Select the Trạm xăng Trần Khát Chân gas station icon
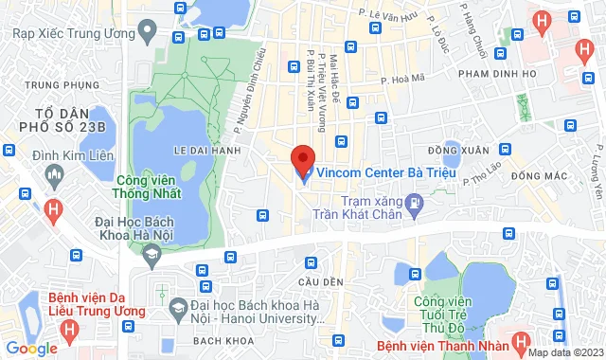414,201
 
